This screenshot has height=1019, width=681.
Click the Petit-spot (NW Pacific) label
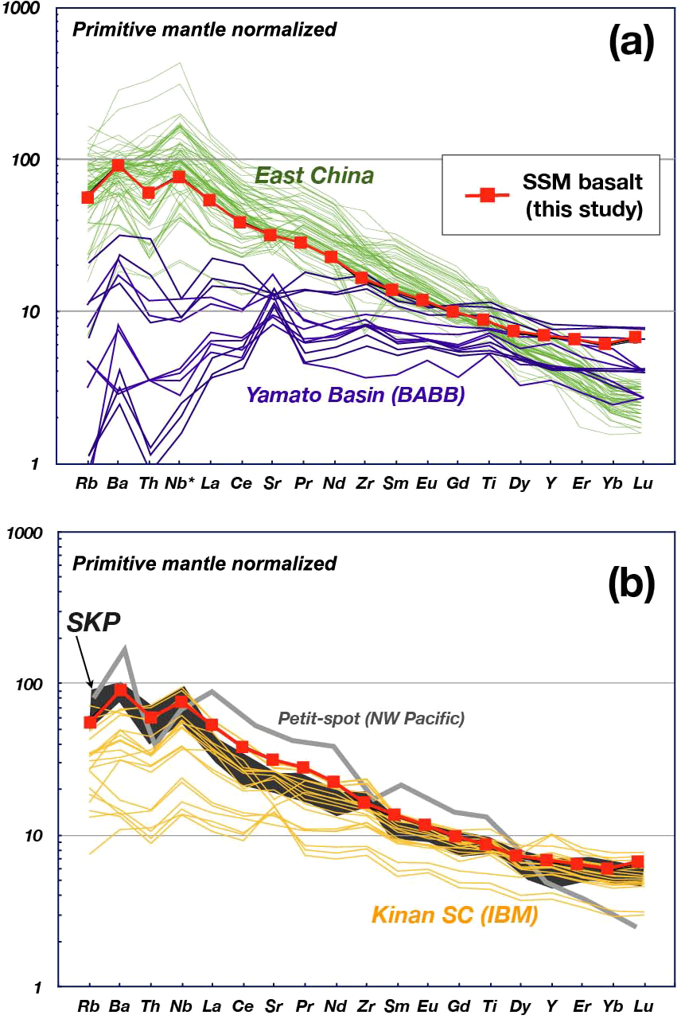pos(371,718)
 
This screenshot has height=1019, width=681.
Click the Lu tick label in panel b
pos(642,1007)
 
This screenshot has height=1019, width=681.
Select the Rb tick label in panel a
pos(88,483)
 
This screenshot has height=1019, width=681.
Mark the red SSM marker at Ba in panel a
pos(119,165)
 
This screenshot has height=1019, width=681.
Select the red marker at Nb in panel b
pos(181,701)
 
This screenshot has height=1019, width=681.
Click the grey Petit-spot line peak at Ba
pos(125,649)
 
